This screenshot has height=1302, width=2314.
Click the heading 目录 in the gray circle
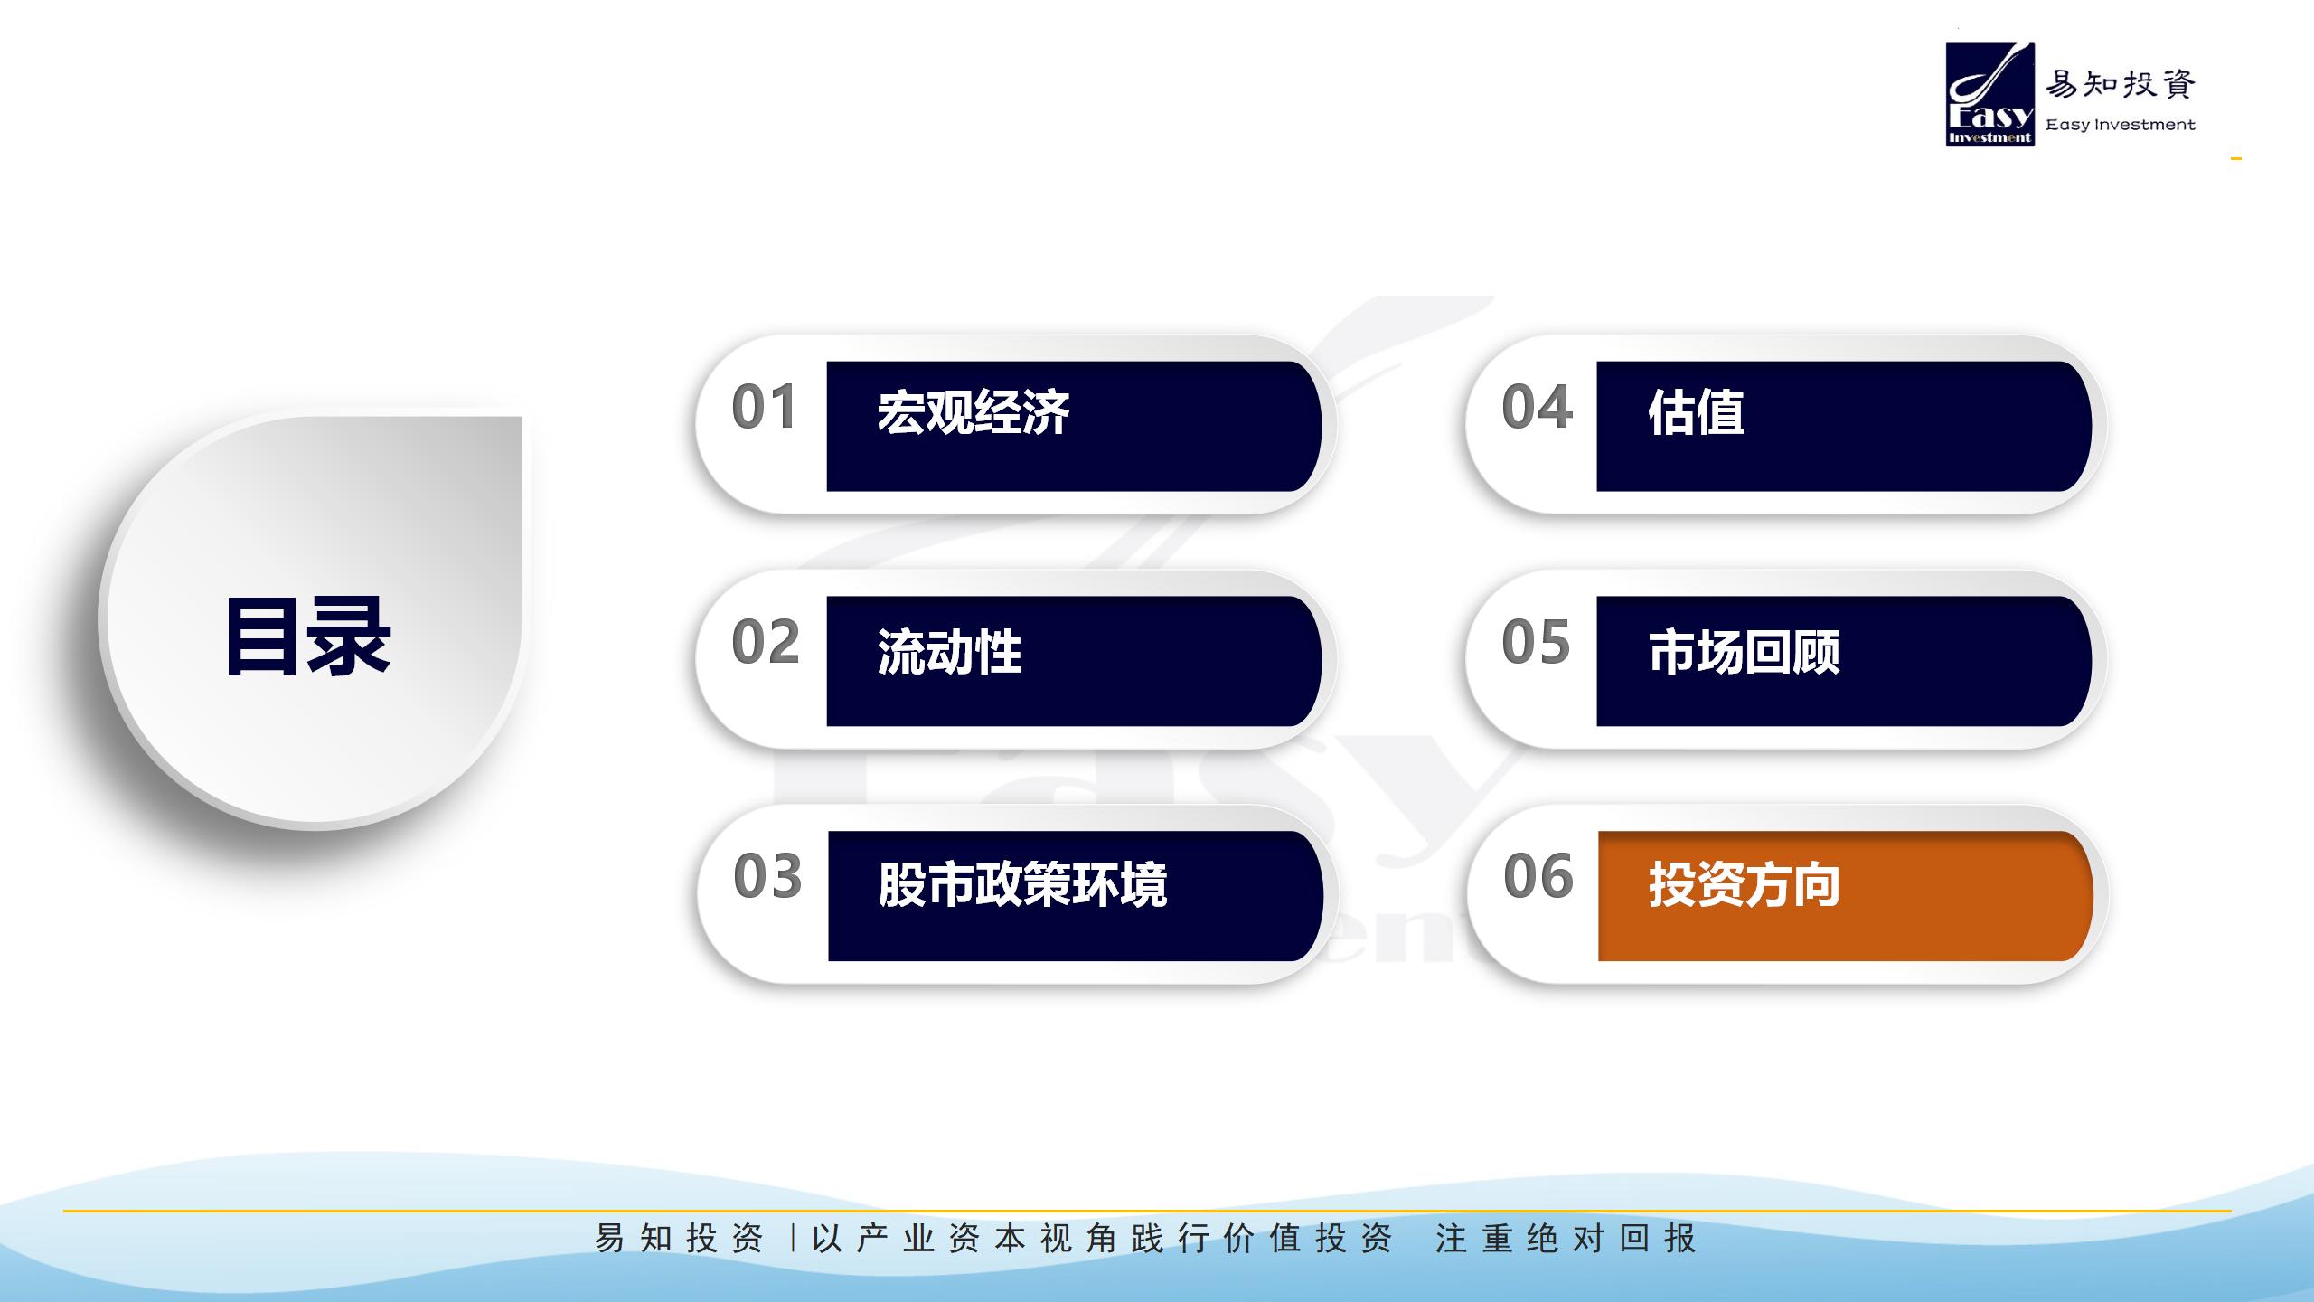click(308, 637)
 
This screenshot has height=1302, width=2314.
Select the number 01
click(765, 407)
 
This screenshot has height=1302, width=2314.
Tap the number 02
click(766, 642)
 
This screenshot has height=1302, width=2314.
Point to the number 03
click(767, 876)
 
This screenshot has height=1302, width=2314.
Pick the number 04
click(1537, 407)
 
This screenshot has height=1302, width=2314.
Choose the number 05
click(1536, 642)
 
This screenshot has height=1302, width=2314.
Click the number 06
click(1538, 876)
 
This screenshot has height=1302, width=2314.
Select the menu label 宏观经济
click(974, 412)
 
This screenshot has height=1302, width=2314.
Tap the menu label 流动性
click(949, 652)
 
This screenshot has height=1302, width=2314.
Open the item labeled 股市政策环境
click(1022, 884)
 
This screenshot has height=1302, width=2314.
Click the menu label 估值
click(1696, 412)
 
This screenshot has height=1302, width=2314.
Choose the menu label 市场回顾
click(1744, 652)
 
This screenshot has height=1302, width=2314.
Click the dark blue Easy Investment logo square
click(1990, 94)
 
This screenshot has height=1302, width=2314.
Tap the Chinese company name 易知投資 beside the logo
click(2121, 84)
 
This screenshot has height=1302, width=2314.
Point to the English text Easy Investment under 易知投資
click(2121, 125)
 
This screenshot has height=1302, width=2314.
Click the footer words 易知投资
click(679, 1238)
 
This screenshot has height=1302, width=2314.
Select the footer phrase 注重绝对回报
click(1566, 1238)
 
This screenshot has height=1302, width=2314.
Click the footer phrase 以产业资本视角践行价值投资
click(1102, 1238)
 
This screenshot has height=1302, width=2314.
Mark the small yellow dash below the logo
click(2236, 159)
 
